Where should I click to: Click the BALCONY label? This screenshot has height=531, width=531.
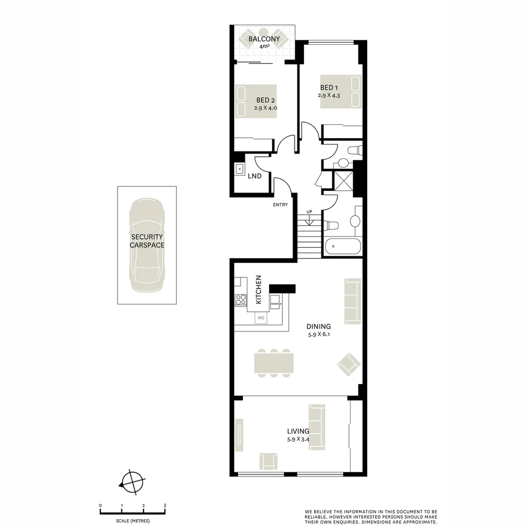[264, 39]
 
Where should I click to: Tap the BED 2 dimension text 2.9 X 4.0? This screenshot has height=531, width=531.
[265, 108]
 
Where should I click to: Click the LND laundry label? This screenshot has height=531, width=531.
[254, 176]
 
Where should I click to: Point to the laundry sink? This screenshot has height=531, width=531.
[239, 169]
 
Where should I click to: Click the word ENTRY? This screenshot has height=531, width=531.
[280, 205]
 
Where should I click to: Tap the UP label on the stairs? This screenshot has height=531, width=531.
[309, 212]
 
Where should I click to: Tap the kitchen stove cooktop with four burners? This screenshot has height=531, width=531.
[240, 299]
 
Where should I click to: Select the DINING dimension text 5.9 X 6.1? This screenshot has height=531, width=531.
[318, 334]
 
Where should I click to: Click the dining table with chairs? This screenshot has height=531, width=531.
[273, 363]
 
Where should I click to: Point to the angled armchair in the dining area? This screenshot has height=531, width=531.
[349, 364]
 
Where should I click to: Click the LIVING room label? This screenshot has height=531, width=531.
[298, 431]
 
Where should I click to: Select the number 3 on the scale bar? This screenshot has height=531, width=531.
[165, 505]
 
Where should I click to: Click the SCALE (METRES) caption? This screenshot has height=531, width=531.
[133, 521]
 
